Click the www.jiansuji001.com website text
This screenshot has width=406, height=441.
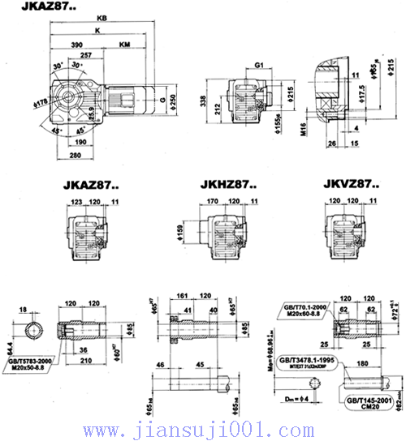tap(204, 429)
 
